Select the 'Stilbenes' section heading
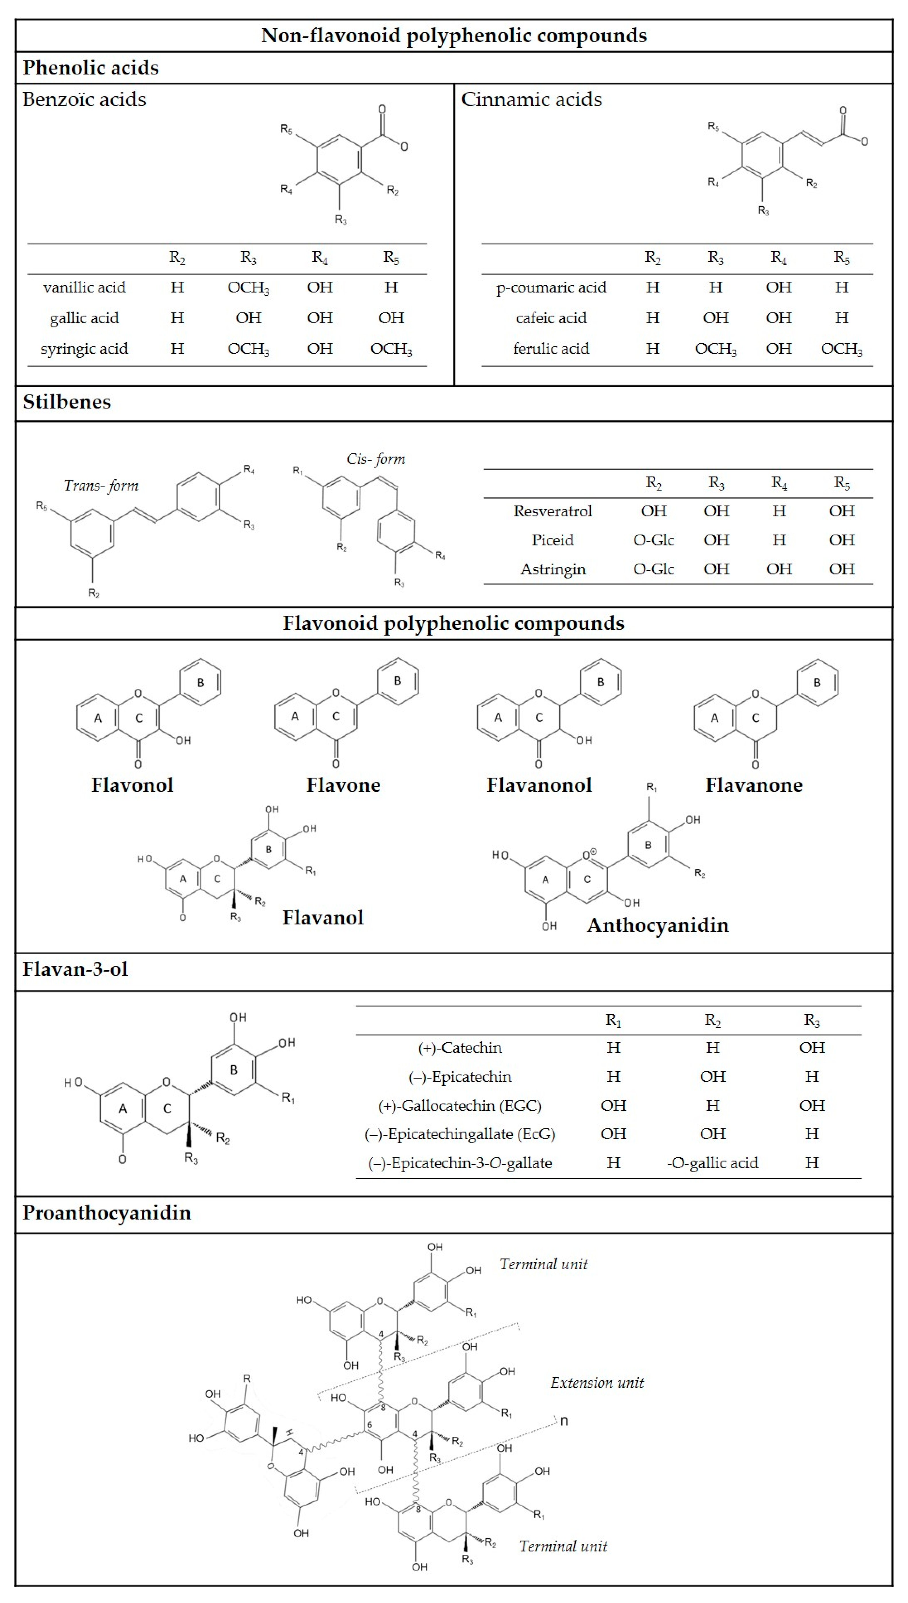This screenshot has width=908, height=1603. click(x=67, y=402)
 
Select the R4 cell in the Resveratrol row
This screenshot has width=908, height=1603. click(x=779, y=511)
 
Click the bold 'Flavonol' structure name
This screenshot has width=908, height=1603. click(x=132, y=785)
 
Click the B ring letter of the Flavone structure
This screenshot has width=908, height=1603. click(x=397, y=681)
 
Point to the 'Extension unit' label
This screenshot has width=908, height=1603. click(x=597, y=1383)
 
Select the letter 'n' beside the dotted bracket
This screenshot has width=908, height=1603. click(x=564, y=1421)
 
